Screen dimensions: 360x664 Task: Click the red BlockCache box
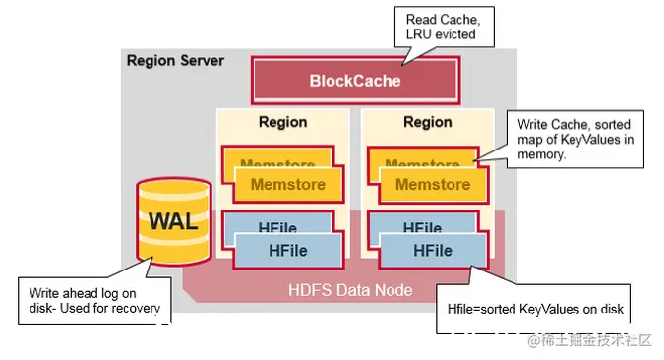coord(355,80)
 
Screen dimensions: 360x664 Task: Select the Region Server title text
coord(175,60)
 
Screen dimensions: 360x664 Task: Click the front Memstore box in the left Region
coord(286,184)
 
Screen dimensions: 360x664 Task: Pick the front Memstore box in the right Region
coord(431,184)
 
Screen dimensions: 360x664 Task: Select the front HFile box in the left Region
coord(287,250)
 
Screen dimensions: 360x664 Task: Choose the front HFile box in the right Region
coord(432,250)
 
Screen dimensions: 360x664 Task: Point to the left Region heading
coord(282,122)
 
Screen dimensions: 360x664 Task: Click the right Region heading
coord(427,122)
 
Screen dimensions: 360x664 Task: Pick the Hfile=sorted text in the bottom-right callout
coord(482,309)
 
